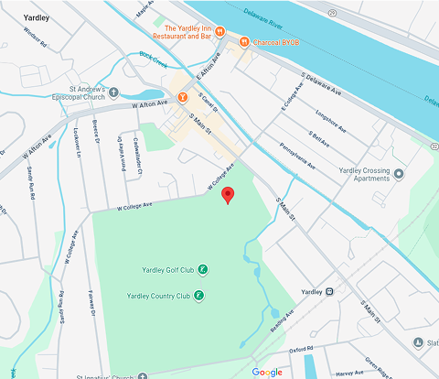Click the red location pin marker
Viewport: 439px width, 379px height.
point(229,194)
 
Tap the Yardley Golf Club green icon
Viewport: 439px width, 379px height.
point(203,270)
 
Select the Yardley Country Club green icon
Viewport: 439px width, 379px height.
point(199,295)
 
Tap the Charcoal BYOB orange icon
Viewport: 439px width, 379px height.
point(244,41)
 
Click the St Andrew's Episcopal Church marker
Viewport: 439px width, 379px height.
point(113,91)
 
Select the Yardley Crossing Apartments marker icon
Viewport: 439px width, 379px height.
point(398,173)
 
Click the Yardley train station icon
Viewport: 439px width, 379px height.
point(329,292)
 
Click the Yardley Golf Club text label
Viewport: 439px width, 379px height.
point(168,270)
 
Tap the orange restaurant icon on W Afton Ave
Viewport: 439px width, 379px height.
point(183,96)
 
